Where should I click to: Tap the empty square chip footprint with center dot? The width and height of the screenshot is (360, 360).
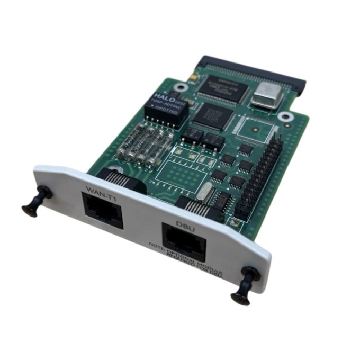tap(256, 129)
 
